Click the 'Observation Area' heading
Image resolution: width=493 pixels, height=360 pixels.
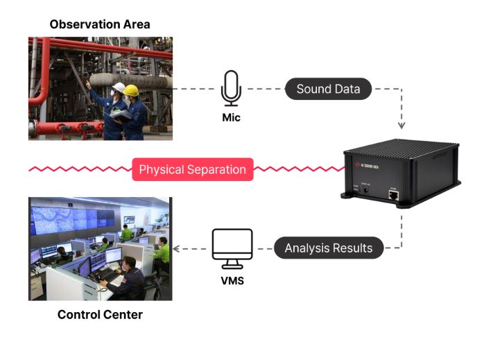point(100,24)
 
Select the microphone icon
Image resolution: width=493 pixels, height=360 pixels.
point(231,88)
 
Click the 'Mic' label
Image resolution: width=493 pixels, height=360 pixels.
point(231,117)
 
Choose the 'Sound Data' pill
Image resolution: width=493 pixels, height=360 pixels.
point(328,89)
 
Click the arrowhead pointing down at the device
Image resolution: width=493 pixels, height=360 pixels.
point(401,126)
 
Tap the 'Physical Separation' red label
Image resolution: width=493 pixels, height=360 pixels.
point(192,169)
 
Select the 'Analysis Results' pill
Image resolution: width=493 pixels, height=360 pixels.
point(329,248)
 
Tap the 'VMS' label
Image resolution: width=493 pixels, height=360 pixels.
point(232,282)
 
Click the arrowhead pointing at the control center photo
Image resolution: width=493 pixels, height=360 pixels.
point(177,248)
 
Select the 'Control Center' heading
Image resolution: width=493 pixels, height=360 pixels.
point(100,314)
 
